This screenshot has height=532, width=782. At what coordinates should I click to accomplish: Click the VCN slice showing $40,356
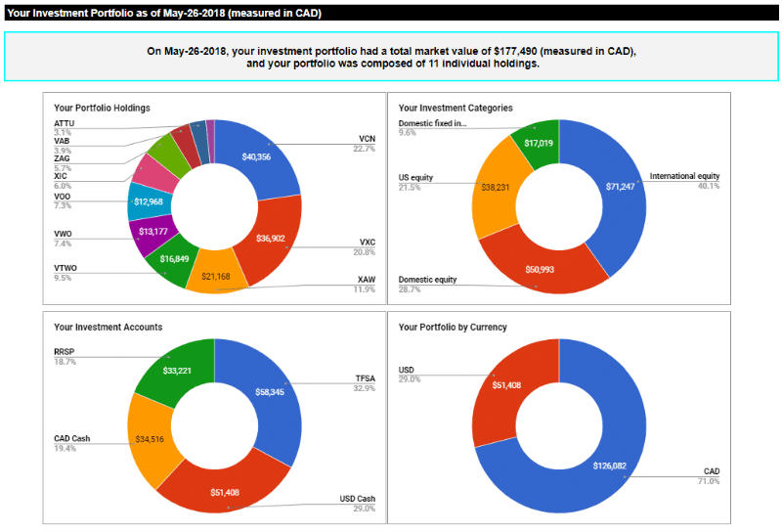tap(257, 157)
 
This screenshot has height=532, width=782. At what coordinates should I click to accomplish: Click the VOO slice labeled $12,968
tap(149, 201)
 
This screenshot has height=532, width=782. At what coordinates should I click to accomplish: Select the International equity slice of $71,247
tap(620, 186)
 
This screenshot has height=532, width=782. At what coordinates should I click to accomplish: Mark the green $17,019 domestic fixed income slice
tap(539, 143)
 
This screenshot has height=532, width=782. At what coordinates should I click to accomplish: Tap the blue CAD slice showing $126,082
tap(611, 465)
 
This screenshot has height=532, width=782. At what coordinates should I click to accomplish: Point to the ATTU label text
tap(64, 123)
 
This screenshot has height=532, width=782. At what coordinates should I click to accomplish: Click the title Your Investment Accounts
tap(108, 327)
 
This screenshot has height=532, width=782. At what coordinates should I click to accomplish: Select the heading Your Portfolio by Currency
tap(453, 327)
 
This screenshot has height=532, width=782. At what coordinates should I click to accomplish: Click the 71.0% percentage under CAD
tap(708, 481)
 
